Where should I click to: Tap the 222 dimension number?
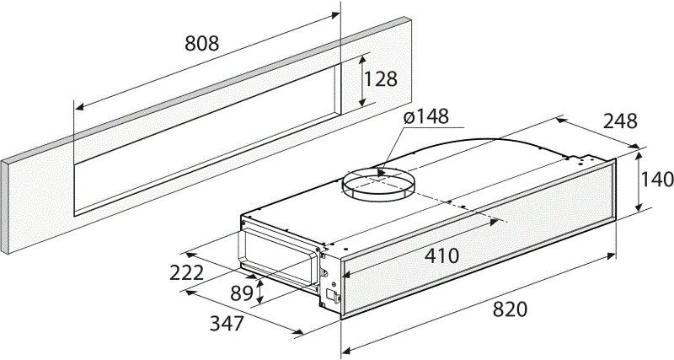pos(187,272)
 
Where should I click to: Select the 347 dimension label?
pos(227,323)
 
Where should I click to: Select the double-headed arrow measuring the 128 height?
pos(364,81)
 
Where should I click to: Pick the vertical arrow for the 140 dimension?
pos(641,180)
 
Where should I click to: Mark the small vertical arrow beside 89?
pos(260,292)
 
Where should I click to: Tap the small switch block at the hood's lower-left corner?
pos(334,295)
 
